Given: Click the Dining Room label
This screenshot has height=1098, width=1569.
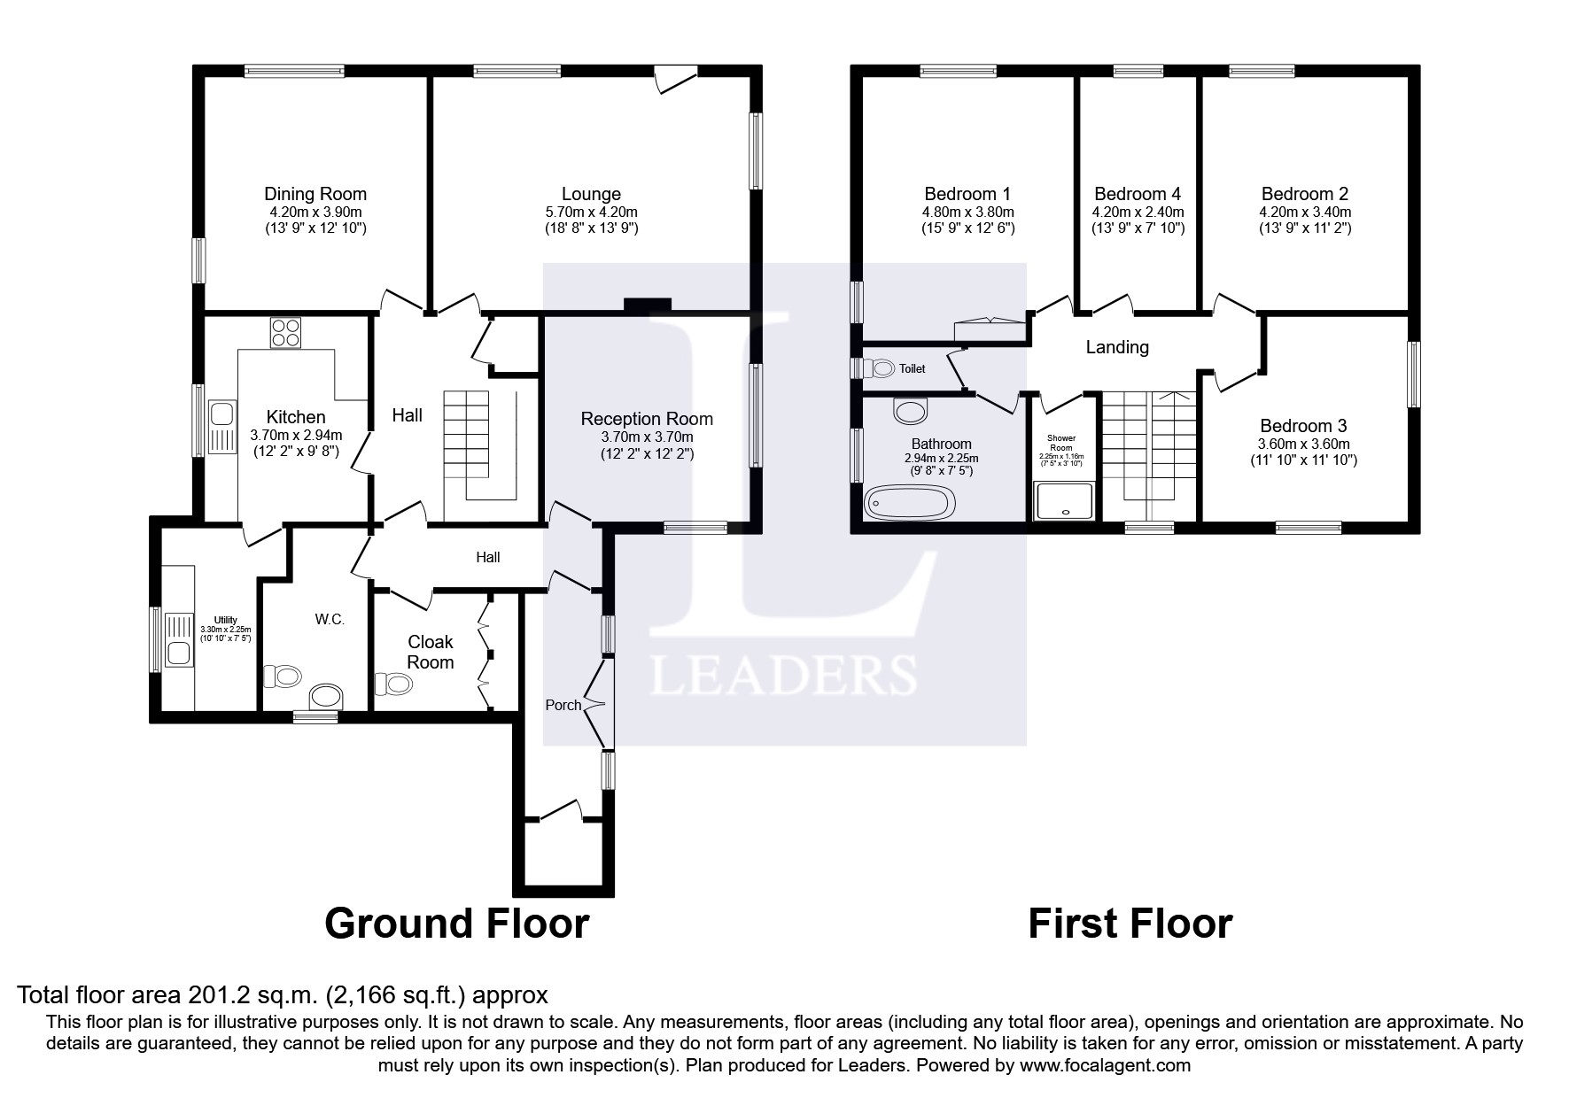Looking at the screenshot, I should point(315,194).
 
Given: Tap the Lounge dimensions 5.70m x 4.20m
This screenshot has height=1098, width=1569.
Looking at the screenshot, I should point(591,213).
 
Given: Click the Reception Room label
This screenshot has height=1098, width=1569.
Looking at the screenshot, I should point(647,419).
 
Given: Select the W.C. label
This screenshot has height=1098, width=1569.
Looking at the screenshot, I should point(330,620).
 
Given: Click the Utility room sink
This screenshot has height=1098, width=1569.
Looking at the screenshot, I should point(179,639).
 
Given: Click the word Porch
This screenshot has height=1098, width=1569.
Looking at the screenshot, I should point(563,705).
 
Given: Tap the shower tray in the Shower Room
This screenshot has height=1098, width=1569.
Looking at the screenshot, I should point(1064,500).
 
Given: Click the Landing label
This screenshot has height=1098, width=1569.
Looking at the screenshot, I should point(1117,347).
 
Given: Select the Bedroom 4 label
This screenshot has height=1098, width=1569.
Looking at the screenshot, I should point(1138,194).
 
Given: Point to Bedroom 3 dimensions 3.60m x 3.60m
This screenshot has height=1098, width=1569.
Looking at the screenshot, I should point(1303,445).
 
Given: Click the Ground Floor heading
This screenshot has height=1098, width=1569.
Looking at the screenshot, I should point(456,924).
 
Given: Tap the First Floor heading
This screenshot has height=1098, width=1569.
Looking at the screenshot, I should point(1130,924).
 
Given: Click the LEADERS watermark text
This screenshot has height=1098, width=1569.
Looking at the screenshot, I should point(784,676).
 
